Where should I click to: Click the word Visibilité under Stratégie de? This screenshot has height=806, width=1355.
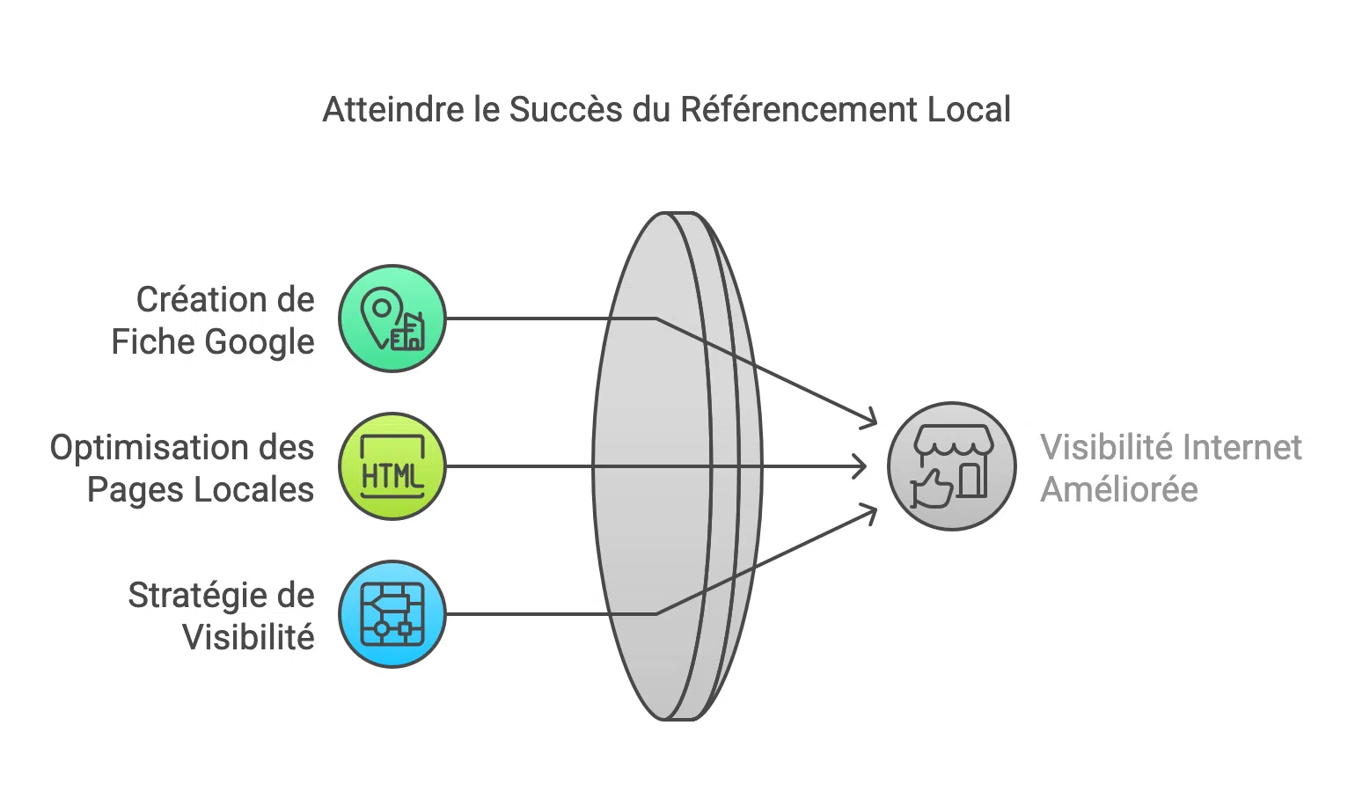coord(248,638)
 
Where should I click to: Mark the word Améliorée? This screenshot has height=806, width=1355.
coord(1119,490)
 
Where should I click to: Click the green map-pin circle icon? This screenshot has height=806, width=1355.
coord(392,319)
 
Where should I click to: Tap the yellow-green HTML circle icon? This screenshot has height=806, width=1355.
coord(392,466)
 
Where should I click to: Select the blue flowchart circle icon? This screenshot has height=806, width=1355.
coord(392,614)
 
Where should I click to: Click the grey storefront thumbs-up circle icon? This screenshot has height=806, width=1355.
coord(951,466)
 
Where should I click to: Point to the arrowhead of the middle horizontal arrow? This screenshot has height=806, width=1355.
coord(861,466)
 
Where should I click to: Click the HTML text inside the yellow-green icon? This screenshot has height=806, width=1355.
coord(392,476)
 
